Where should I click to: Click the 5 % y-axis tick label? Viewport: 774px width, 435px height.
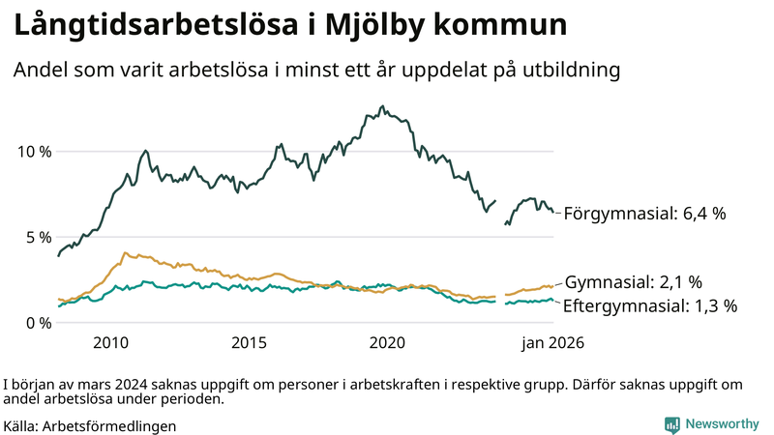pyautogui.click(x=37, y=237)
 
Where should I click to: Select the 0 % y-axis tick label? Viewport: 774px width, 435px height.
pyautogui.click(x=37, y=322)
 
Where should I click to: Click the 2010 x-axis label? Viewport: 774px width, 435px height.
pyautogui.click(x=110, y=342)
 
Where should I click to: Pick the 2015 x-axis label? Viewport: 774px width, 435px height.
pyautogui.click(x=249, y=342)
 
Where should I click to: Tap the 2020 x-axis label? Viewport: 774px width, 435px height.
pyautogui.click(x=387, y=342)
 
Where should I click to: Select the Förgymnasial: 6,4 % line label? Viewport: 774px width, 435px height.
pyautogui.click(x=644, y=213)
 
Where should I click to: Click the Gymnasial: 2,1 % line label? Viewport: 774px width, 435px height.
pyautogui.click(x=633, y=282)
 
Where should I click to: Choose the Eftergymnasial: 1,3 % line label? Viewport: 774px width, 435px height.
pyautogui.click(x=650, y=305)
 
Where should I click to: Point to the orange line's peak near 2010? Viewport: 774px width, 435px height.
pyautogui.click(x=124, y=252)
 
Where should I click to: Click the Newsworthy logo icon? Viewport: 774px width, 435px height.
pyautogui.click(x=671, y=424)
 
